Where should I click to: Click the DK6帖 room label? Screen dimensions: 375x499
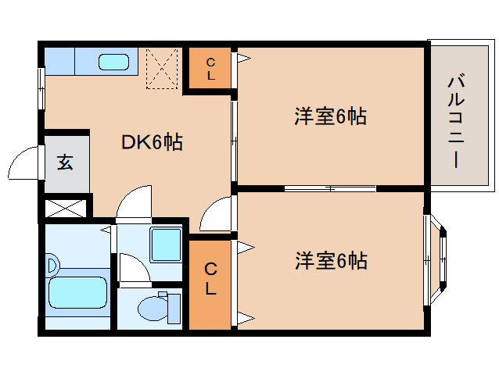[x=153, y=142]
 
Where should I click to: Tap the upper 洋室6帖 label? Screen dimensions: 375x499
[x=330, y=116]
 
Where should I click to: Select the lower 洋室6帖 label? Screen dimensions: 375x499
[x=330, y=260]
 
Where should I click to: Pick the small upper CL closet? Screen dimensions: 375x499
[x=210, y=70]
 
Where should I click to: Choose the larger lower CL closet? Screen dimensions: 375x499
[x=210, y=280]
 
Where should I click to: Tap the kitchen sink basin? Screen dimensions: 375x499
[x=117, y=61]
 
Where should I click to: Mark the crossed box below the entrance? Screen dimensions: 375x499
[x=65, y=209]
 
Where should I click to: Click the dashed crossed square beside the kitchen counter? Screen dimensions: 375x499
[x=163, y=69]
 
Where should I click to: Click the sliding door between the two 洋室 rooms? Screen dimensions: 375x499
[x=330, y=188]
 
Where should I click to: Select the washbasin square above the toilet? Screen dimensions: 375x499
[x=165, y=245]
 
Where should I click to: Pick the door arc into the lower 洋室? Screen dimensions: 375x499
[x=217, y=215]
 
